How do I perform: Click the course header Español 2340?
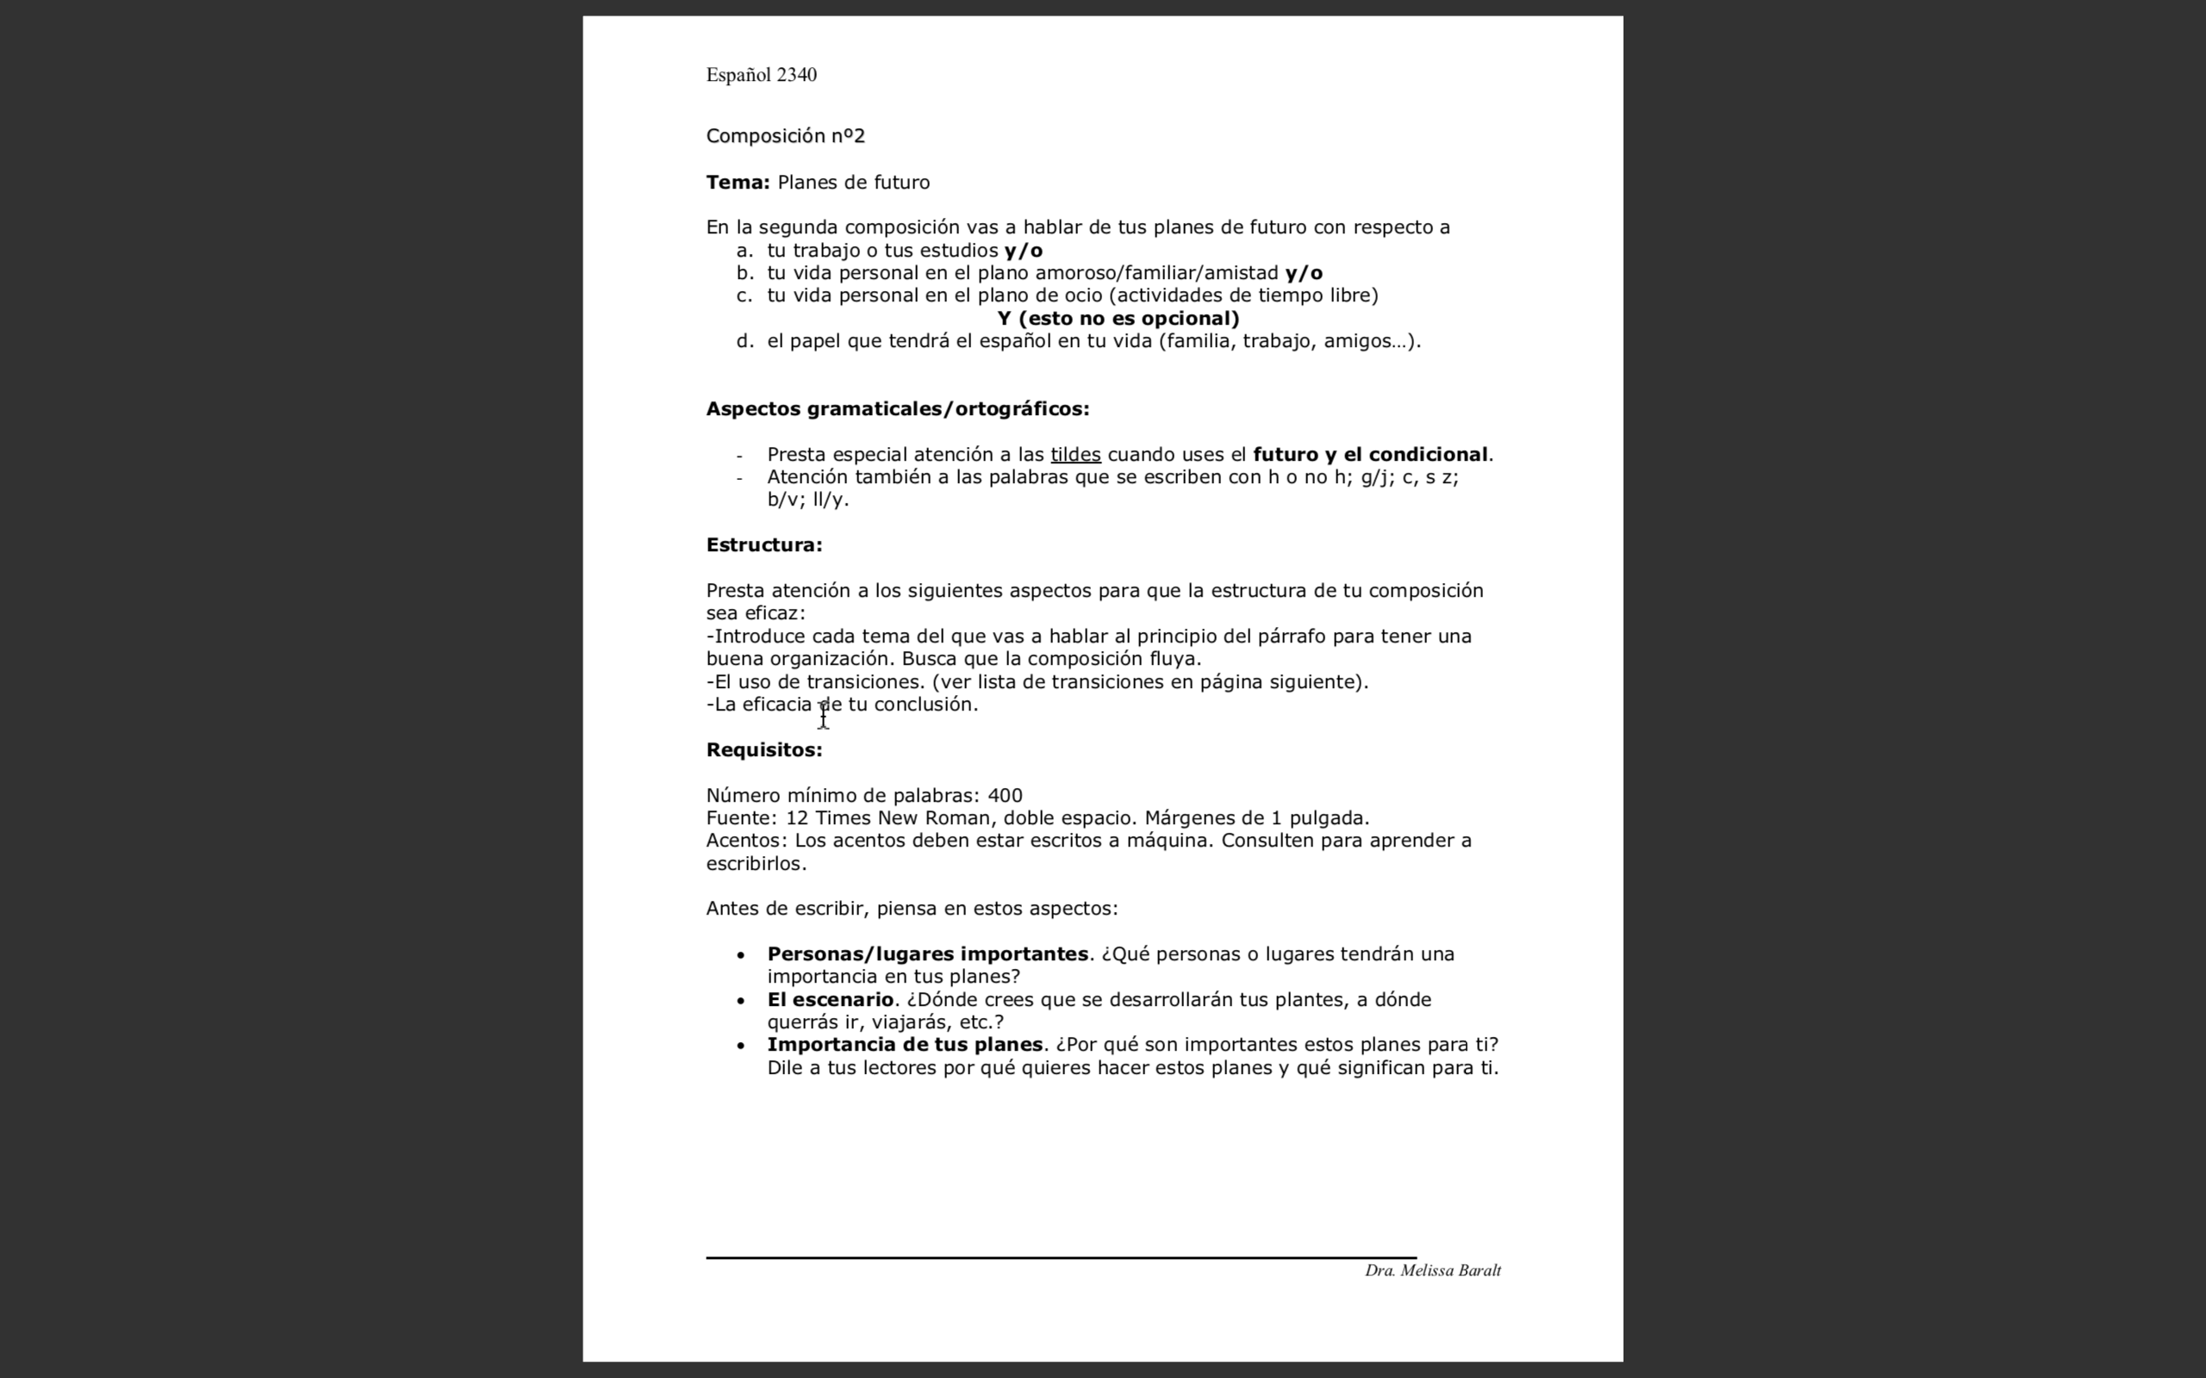761,75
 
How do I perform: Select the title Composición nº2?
785,136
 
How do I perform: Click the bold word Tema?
738,183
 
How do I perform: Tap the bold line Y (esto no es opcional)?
1118,318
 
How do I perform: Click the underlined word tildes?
1075,454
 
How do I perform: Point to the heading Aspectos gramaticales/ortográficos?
897,408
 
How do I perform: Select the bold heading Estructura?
763,545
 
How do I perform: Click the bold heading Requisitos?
763,750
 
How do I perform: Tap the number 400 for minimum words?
1005,796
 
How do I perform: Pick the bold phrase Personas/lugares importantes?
927,954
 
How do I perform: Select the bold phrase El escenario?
830,1000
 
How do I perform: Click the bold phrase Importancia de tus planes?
904,1045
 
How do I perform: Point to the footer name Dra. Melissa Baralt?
1432,1270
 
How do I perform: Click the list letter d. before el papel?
745,341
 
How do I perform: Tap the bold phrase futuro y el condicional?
1370,454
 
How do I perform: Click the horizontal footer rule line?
1060,1257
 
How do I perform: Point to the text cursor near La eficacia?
823,716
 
